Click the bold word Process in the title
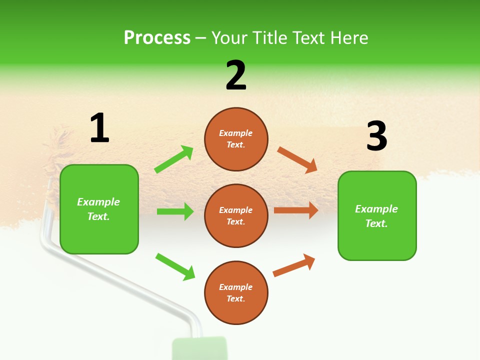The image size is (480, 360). tap(157, 37)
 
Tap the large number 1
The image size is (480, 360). tap(99, 128)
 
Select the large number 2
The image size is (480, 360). tap(236, 75)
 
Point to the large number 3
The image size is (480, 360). tap(376, 136)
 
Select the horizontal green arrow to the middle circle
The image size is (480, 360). tap(175, 211)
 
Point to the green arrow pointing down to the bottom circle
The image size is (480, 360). tap(175, 266)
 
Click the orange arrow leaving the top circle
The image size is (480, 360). tap(297, 159)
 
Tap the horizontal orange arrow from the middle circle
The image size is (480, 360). tap(296, 210)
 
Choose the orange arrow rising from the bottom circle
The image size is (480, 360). tap(294, 265)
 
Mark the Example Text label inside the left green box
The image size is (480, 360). tap(99, 209)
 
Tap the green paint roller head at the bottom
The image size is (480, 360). tap(199, 348)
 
